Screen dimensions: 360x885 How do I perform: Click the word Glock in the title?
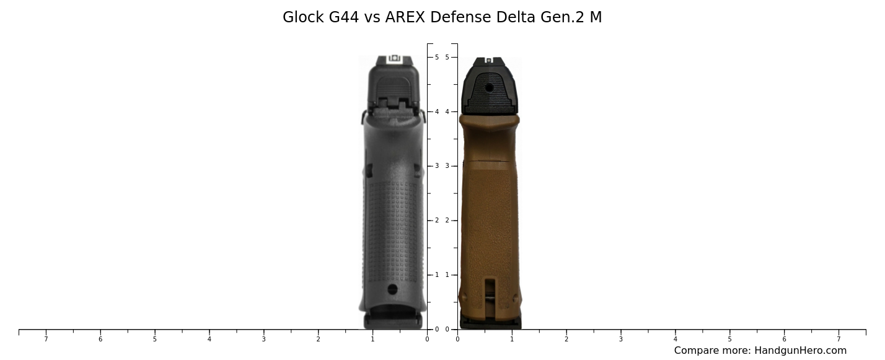[x=304, y=17]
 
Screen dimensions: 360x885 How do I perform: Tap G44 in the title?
[x=344, y=17]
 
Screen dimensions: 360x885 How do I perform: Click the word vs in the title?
[x=372, y=17]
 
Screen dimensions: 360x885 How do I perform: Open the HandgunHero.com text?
[x=800, y=351]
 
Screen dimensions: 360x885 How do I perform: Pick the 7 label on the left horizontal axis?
[x=46, y=339]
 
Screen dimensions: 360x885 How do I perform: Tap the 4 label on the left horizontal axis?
[x=209, y=339]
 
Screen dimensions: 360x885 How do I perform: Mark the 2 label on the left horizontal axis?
[x=318, y=339]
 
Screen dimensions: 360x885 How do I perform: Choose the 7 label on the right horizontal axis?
[x=839, y=339]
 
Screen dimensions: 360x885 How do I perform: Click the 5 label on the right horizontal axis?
[x=729, y=339]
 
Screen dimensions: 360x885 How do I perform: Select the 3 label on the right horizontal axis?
[x=620, y=339]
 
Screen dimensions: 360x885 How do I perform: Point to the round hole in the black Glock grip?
[x=392, y=289]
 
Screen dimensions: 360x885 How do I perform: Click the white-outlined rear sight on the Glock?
[x=394, y=59]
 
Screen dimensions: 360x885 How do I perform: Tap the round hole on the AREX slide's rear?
[x=490, y=88]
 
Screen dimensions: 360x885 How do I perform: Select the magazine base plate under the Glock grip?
[x=393, y=321]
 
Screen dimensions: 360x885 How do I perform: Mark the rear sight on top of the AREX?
[x=488, y=60]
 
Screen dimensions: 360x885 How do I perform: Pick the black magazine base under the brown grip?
[x=490, y=323]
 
